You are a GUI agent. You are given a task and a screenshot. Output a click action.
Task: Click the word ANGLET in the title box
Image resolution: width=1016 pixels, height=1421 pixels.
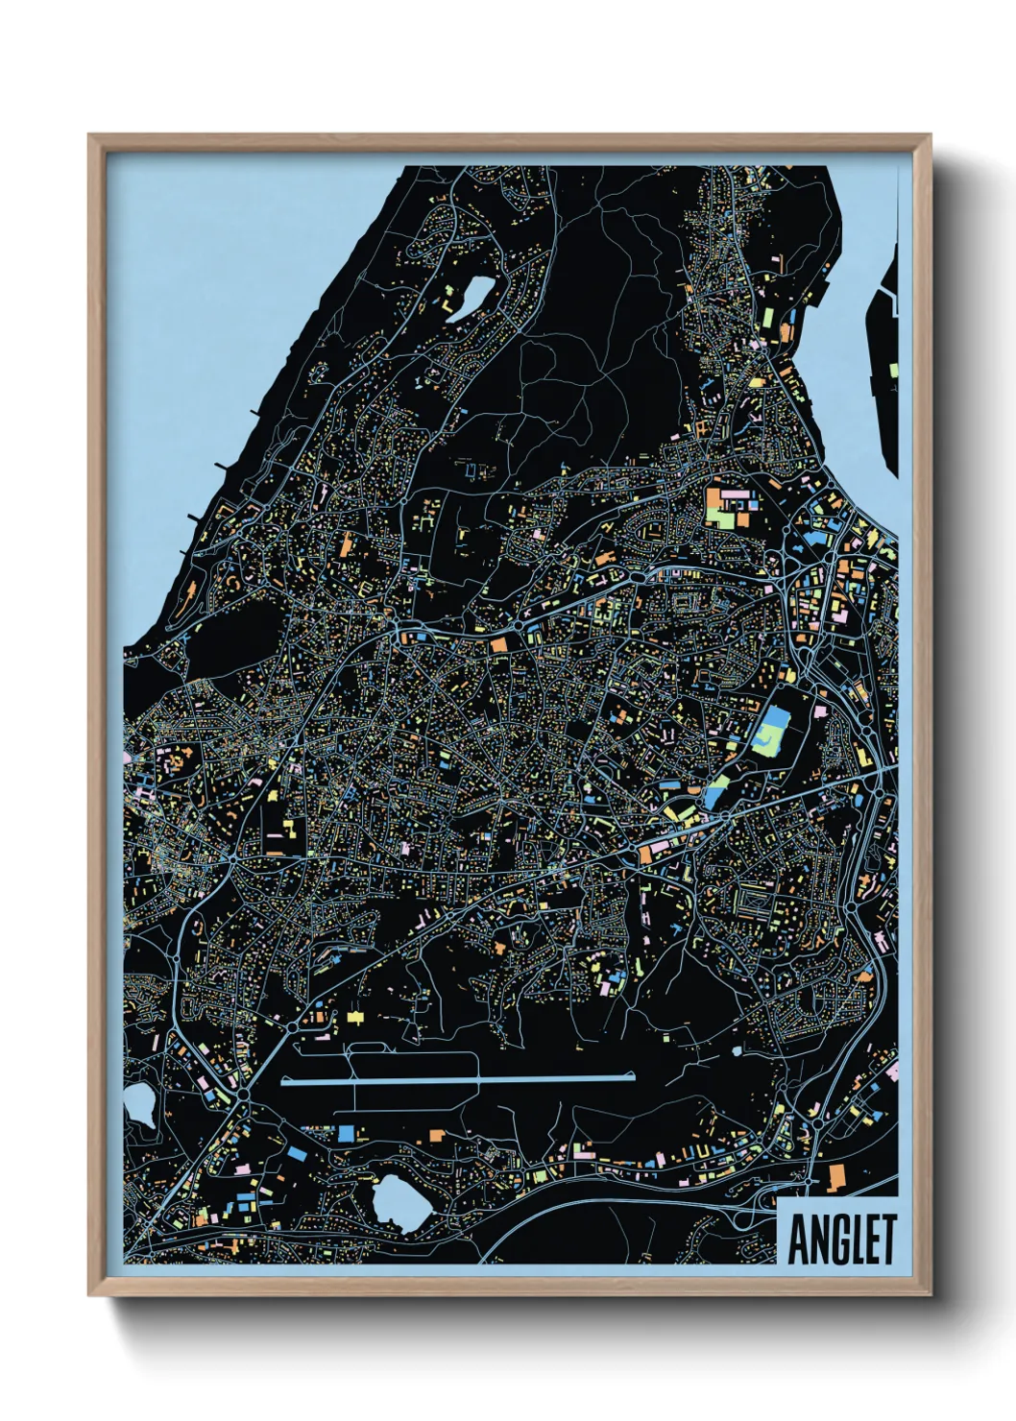point(841,1240)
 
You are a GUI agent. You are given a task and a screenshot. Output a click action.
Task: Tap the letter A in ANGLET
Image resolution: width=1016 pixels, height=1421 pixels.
point(799,1240)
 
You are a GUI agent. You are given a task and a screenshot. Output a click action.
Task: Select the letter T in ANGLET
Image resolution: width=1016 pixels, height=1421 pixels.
point(884,1240)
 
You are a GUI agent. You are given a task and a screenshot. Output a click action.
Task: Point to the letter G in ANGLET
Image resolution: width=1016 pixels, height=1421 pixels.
point(834,1240)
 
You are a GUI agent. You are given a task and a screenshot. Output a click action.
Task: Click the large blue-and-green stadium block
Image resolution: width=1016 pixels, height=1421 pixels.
point(772,731)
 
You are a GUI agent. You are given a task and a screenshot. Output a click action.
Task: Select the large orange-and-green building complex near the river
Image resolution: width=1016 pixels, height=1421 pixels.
point(730,508)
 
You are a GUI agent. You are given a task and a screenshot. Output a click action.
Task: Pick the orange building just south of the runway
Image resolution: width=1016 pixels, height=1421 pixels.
point(434,1136)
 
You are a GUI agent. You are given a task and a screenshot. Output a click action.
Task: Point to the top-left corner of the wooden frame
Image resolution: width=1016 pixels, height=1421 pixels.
point(90,136)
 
